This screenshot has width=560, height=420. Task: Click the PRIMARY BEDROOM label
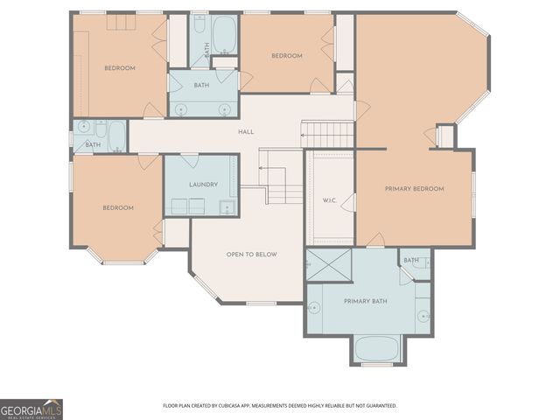click(414, 189)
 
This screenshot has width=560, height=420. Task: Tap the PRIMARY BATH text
click(365, 302)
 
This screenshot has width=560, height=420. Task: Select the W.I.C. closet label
click(329, 200)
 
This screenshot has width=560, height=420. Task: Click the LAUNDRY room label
click(202, 185)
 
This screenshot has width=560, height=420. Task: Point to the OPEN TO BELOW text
click(251, 255)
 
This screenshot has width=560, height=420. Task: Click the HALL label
click(246, 132)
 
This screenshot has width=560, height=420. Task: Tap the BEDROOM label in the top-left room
click(120, 68)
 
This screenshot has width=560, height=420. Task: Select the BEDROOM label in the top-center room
click(286, 56)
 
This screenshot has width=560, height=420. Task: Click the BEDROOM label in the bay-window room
click(118, 207)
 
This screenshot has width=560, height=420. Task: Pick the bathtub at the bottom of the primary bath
click(377, 349)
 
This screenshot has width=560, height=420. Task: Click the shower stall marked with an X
click(328, 263)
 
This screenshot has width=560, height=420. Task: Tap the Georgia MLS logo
click(31, 409)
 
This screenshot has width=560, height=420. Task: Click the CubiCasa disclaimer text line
click(280, 406)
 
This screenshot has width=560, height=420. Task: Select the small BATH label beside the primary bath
click(411, 261)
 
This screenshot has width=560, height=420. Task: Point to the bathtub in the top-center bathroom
click(224, 33)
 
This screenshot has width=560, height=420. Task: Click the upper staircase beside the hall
click(328, 134)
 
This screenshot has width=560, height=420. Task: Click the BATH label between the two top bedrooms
click(201, 86)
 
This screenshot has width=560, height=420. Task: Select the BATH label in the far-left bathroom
click(93, 144)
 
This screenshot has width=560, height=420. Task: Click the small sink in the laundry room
click(227, 207)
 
